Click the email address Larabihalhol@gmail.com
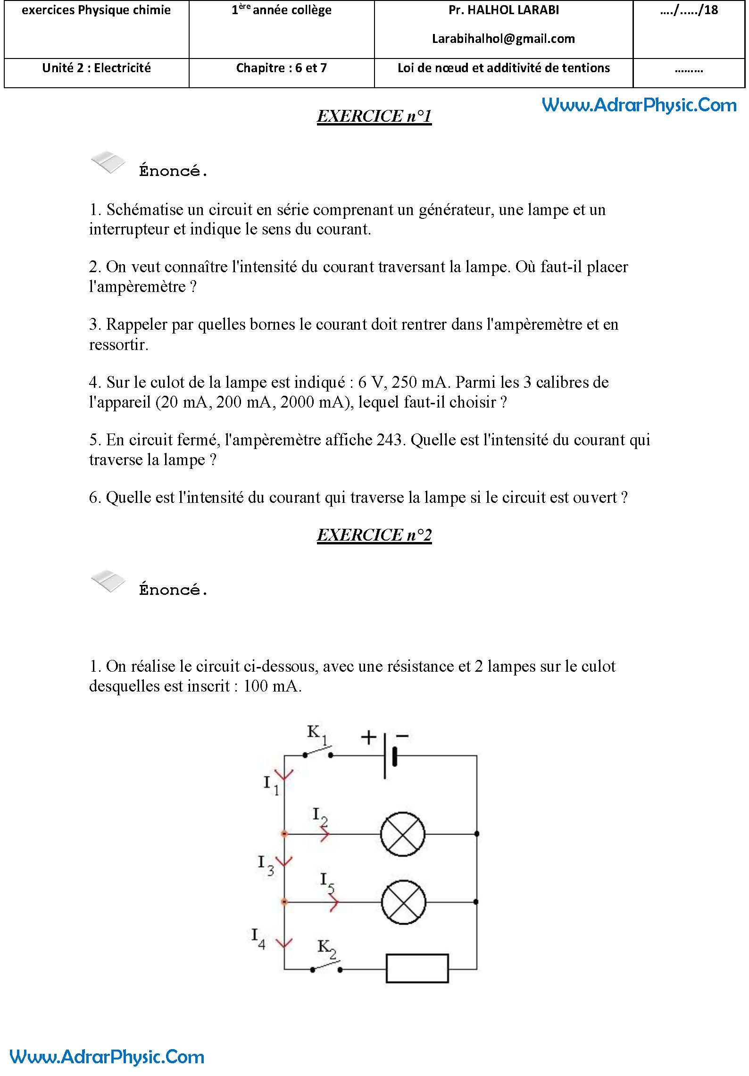pyautogui.click(x=503, y=39)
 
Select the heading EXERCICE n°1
pyautogui.click(x=374, y=116)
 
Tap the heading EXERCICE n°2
pyautogui.click(x=374, y=535)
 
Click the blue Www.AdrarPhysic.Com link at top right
pyautogui.click(x=639, y=105)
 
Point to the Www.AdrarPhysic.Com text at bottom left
pyautogui.click(x=107, y=1057)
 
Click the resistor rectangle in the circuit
pyautogui.click(x=417, y=968)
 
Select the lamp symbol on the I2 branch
pyautogui.click(x=402, y=834)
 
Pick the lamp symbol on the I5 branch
pyautogui.click(x=403, y=902)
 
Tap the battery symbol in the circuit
pyautogui.click(x=390, y=756)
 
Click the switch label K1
pyautogui.click(x=316, y=733)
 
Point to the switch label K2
pyautogui.click(x=326, y=947)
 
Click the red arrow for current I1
pyautogui.click(x=284, y=775)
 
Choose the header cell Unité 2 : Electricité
pyautogui.click(x=96, y=68)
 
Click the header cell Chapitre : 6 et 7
pyautogui.click(x=281, y=68)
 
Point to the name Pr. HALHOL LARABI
pyautogui.click(x=503, y=10)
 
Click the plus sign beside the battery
pyautogui.click(x=368, y=737)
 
